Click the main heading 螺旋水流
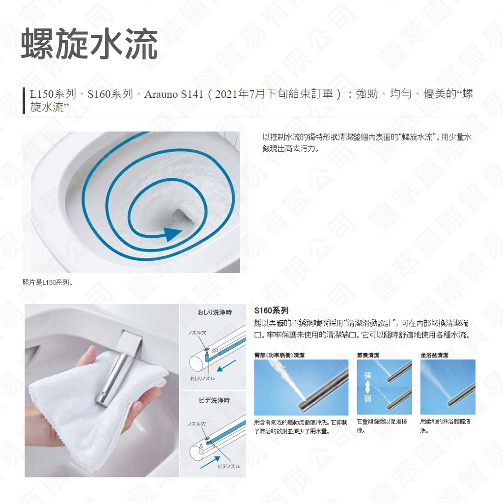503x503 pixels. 89,45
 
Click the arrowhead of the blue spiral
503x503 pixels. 172,234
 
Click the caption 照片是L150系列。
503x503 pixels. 48,282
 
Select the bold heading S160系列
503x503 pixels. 271,310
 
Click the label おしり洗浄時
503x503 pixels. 214,312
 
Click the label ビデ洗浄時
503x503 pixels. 214,400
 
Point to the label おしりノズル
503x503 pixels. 202,378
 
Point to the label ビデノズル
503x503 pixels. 228,466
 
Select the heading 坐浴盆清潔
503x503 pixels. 434,355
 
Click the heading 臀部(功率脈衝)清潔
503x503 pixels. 279,355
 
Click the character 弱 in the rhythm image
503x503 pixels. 368,397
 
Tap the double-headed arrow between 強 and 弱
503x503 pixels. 368,387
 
